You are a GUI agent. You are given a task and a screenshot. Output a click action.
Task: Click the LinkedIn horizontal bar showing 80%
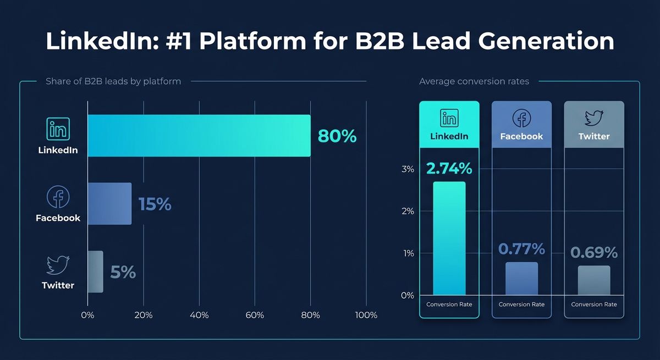tap(199, 136)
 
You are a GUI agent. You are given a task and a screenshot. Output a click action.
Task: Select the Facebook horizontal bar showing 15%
tap(109, 204)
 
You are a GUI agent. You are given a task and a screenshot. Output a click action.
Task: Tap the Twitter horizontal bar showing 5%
tap(95, 272)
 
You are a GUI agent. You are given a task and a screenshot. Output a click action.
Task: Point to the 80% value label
tap(337, 136)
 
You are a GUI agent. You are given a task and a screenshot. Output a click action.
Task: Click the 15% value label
tap(155, 204)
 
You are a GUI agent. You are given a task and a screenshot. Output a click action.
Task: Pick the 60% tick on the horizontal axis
tap(255, 315)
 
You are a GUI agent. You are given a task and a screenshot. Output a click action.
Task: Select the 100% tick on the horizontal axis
tap(366, 315)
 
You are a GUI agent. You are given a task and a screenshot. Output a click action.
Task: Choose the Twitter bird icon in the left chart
tap(58, 265)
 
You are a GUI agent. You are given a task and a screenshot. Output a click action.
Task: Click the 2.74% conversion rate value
tap(449, 169)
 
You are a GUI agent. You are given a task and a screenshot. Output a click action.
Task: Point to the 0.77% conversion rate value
tap(521, 249)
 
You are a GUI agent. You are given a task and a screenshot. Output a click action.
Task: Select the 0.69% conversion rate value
tap(594, 252)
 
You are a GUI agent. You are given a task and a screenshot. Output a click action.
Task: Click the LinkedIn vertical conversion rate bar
tap(449, 238)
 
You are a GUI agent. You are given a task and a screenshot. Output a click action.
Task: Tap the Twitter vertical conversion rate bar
tap(594, 280)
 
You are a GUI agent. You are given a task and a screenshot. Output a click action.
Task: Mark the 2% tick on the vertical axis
tap(408, 211)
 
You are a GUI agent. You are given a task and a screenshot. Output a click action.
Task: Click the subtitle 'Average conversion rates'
tap(474, 81)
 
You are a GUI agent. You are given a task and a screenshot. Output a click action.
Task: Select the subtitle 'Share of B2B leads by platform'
tap(113, 81)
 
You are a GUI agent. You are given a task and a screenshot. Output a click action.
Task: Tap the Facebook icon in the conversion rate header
tap(521, 118)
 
